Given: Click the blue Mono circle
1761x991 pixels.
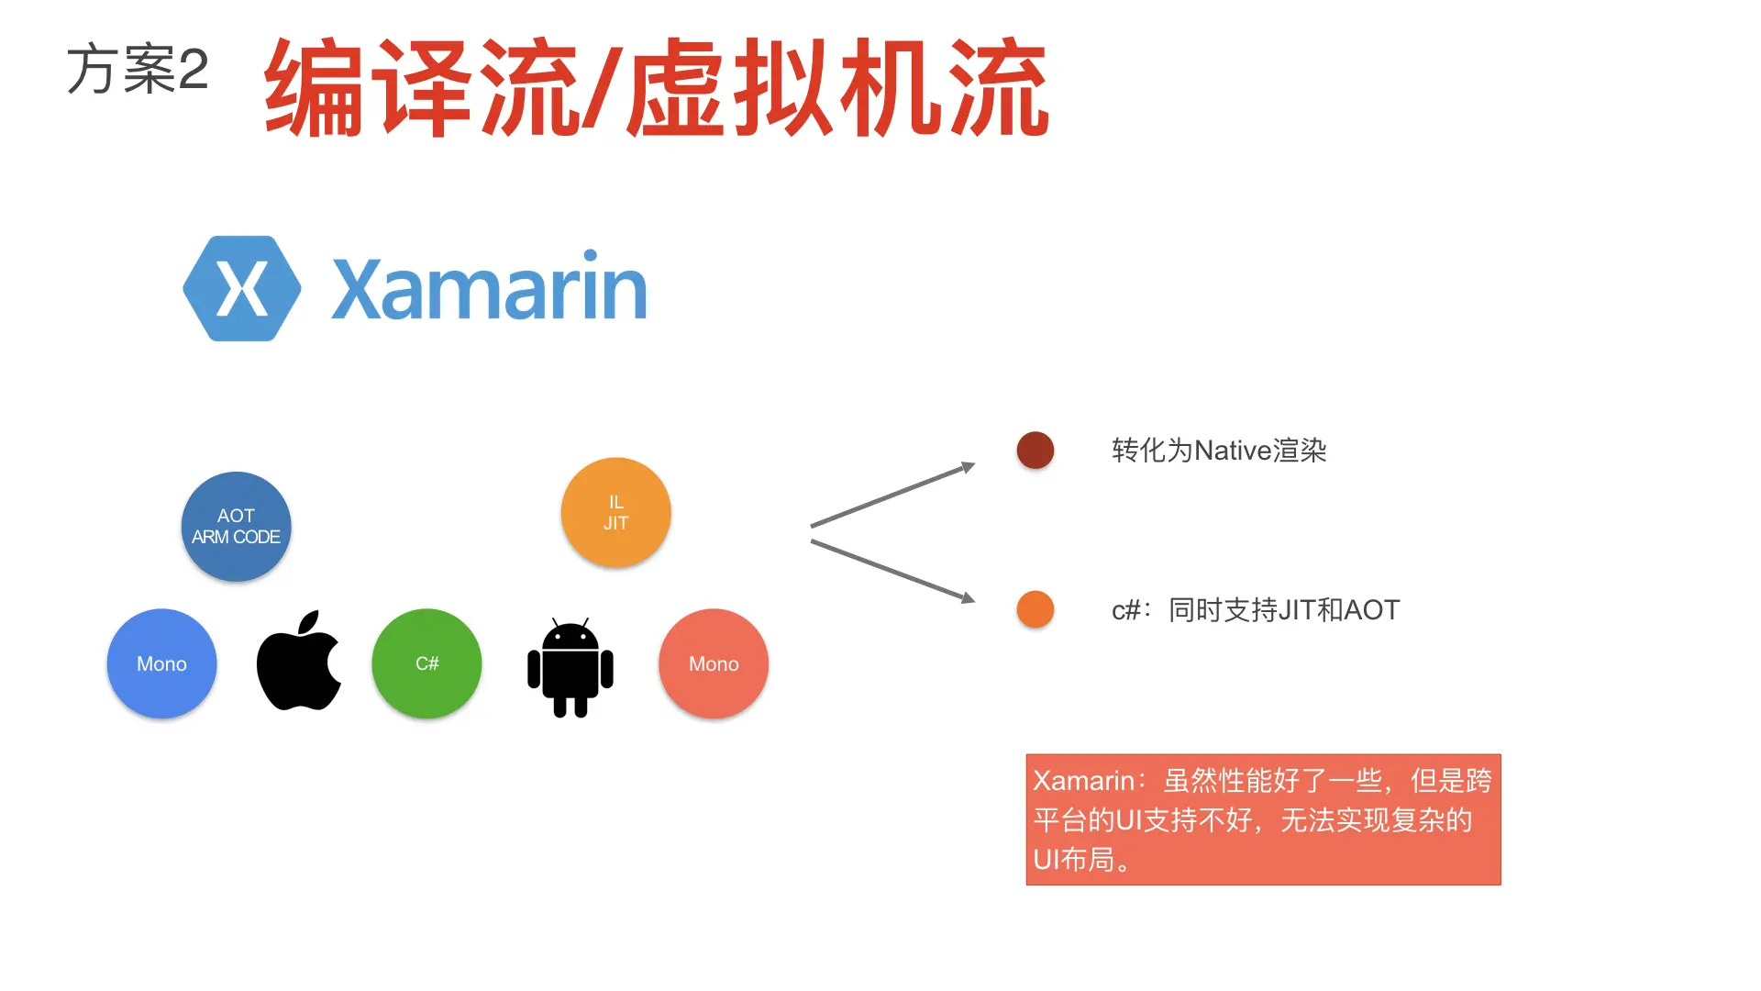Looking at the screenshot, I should coord(161,663).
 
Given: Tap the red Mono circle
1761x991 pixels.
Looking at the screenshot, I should coord(714,663).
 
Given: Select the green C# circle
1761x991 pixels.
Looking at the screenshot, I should coord(426,663).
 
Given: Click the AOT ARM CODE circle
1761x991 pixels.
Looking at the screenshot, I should coord(236,527).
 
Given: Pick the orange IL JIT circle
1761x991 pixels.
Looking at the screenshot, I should coord(615,513).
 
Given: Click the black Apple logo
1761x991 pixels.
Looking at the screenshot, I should coord(299,662).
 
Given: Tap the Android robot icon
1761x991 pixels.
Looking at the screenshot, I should coord(570,667).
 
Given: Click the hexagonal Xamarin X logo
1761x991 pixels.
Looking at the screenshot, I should coord(242,288).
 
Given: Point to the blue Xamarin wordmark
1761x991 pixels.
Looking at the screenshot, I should coord(489,288).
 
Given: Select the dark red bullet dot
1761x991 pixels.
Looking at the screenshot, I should coord(1035,451).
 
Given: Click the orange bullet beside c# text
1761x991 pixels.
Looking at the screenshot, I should coord(1035,609).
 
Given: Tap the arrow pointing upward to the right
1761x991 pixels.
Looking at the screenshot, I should coord(892,495).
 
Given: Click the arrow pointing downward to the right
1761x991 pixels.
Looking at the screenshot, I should coord(892,571).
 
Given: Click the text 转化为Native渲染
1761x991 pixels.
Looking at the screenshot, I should coord(1219,451).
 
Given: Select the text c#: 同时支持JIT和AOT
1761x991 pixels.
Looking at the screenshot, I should coord(1256,610).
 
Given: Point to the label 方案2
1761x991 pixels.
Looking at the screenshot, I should coord(138,70).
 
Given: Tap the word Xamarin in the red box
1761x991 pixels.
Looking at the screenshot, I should coord(1083,781).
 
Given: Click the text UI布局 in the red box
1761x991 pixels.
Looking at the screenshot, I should coord(1074,860).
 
